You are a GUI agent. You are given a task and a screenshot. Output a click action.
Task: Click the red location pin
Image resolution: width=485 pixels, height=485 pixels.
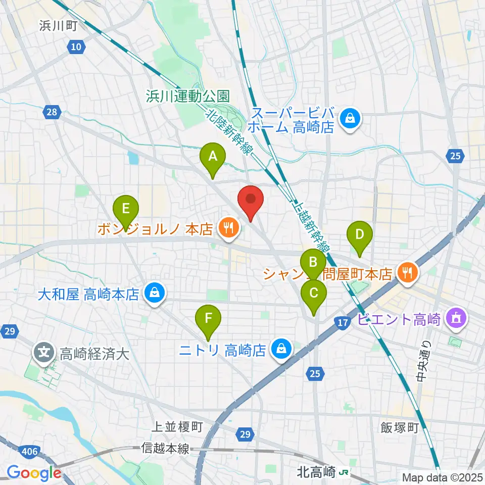click(x=251, y=203)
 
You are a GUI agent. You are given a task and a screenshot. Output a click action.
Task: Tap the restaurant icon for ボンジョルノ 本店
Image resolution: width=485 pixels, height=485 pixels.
click(x=228, y=229)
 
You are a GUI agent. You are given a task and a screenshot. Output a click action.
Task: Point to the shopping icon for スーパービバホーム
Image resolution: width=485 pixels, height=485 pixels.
click(x=349, y=119)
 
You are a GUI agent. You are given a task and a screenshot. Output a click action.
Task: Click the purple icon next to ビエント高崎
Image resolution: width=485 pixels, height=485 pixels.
click(x=457, y=319)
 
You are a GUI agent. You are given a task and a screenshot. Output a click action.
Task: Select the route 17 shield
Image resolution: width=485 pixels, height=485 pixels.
click(x=342, y=322)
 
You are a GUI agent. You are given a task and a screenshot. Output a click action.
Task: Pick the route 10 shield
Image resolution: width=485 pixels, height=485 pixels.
click(x=74, y=47)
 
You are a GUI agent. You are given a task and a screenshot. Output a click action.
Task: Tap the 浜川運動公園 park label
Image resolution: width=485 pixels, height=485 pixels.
click(x=188, y=96)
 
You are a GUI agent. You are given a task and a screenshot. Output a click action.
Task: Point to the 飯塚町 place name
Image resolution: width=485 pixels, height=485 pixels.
click(x=400, y=428)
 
